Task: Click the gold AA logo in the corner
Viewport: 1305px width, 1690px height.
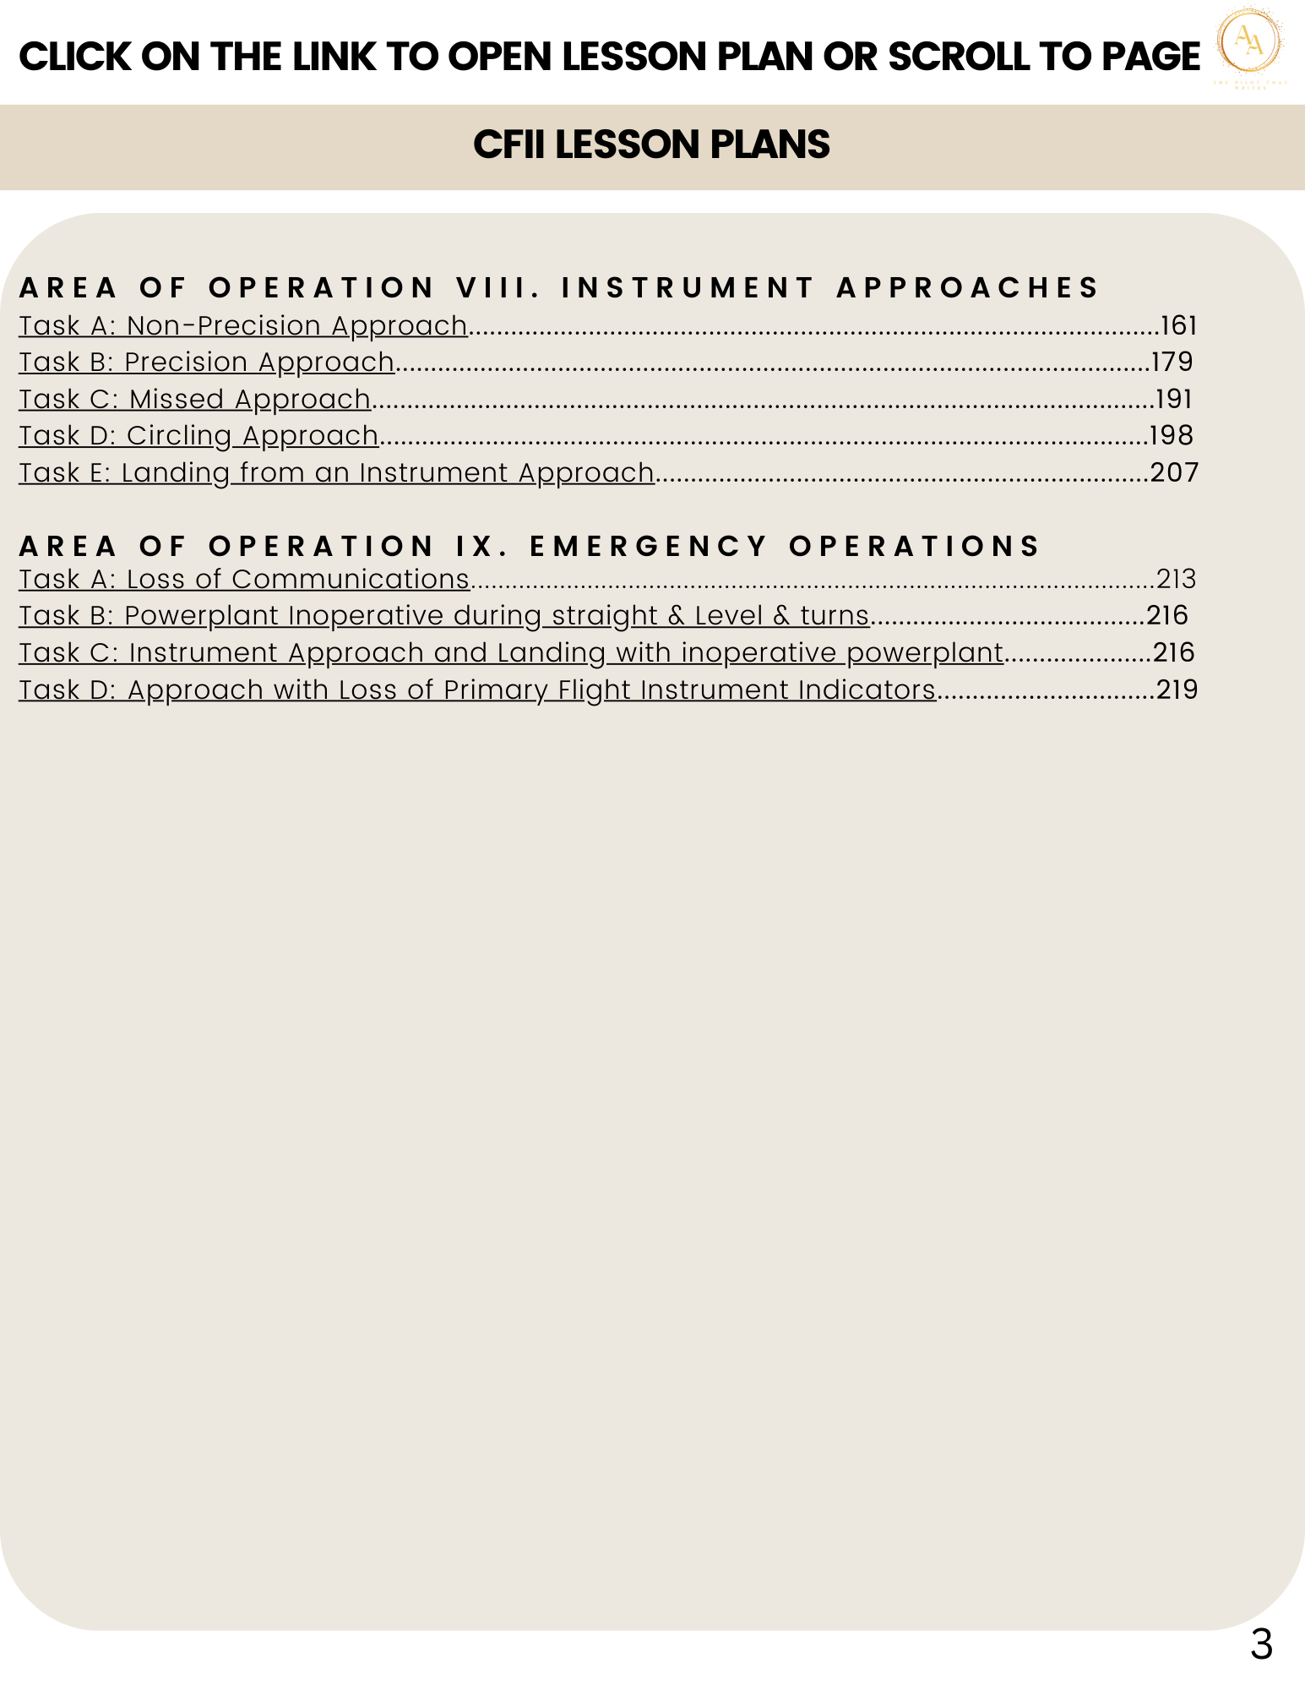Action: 1249,42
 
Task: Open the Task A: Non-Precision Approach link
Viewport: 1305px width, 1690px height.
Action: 243,325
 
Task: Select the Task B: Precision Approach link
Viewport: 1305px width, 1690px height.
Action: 207,362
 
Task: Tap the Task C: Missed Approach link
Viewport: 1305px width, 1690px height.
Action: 195,399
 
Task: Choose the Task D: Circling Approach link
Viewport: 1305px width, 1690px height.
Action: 198,435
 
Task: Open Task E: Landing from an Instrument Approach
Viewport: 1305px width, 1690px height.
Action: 336,472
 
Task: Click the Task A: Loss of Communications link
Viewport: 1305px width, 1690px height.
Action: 244,579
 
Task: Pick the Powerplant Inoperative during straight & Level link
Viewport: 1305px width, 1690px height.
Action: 444,616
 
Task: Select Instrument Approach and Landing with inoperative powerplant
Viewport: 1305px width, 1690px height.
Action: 511,653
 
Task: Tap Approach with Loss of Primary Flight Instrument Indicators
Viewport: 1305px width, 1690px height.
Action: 477,690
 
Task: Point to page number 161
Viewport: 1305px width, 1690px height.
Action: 1179,325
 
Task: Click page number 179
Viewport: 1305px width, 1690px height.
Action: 1172,362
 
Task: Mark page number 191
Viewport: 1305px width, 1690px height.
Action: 1173,399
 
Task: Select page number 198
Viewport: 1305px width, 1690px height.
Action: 1172,435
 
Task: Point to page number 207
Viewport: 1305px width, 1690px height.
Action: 1174,472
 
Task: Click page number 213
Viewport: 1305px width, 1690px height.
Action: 1177,579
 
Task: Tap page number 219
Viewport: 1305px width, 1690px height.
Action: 1177,690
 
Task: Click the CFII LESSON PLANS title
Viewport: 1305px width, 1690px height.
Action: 651,144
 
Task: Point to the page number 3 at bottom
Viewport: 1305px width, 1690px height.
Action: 1261,1644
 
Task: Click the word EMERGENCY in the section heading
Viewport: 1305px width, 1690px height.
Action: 649,546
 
